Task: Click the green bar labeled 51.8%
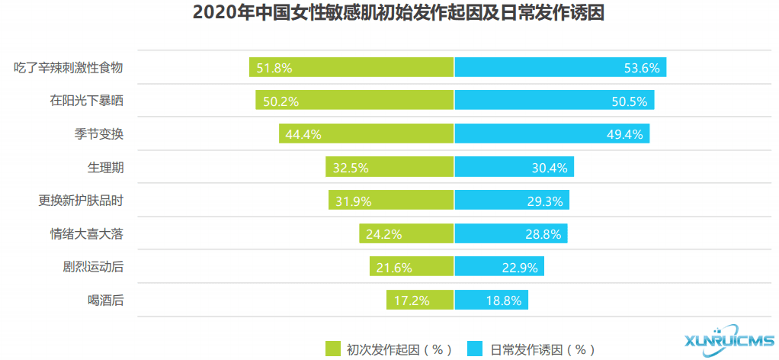[x=351, y=67]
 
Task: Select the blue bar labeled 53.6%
[x=560, y=67]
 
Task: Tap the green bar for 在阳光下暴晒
[x=354, y=101]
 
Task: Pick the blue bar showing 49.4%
[x=552, y=133]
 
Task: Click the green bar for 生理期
[x=389, y=167]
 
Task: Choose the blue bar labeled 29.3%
[x=511, y=201]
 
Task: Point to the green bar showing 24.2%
[x=406, y=233]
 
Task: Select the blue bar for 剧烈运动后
[x=499, y=267]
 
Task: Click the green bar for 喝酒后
[x=420, y=301]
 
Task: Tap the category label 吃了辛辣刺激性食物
[x=69, y=68]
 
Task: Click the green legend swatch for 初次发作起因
[x=332, y=349]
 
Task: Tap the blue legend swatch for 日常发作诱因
[x=476, y=349]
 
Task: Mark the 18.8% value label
[x=504, y=301]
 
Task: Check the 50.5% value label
[x=630, y=101]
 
